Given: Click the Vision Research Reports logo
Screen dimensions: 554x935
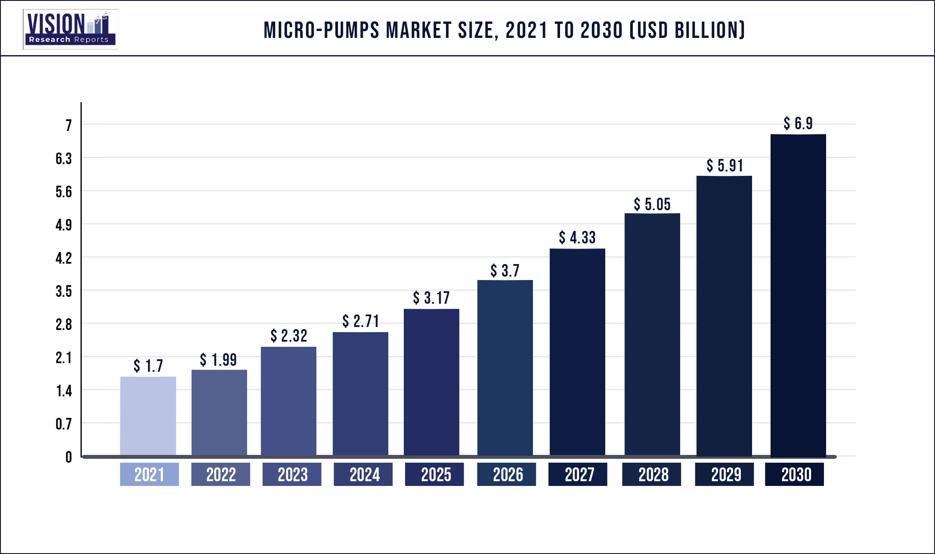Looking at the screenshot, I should pos(70,29).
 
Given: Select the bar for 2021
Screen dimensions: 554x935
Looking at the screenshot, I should pos(148,416).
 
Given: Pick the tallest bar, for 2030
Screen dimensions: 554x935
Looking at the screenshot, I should pos(798,295).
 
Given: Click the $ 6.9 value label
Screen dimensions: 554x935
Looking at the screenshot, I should pos(798,124).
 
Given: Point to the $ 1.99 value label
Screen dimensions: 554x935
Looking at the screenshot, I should pos(218,360).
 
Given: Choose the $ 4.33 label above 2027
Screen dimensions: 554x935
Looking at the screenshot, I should pos(577,237).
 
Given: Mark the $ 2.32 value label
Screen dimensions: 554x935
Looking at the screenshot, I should pos(289,336).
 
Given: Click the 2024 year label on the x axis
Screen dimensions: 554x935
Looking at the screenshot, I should pos(363,474).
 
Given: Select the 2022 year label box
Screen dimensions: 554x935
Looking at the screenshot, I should pos(220,474).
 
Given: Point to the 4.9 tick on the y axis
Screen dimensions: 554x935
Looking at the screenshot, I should pos(64,225).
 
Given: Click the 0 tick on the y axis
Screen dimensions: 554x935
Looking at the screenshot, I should pos(68,457).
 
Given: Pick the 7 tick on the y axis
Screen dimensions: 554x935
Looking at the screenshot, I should pos(68,125).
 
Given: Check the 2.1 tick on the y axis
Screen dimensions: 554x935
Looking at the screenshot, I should pos(64,358).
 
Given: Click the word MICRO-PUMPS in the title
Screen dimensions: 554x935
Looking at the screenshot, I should pos(321,30).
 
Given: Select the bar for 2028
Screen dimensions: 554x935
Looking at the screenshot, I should pos(652,334).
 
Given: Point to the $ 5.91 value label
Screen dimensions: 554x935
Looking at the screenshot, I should pos(725,166).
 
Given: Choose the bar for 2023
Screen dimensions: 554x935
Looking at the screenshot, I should pos(288,401).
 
